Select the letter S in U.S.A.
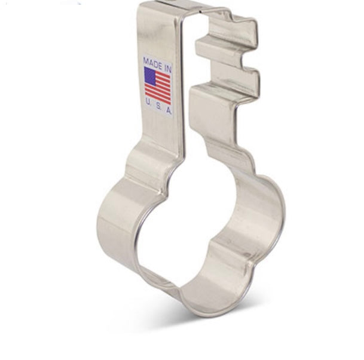tap(158, 106)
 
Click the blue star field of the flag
tap(149, 74)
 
